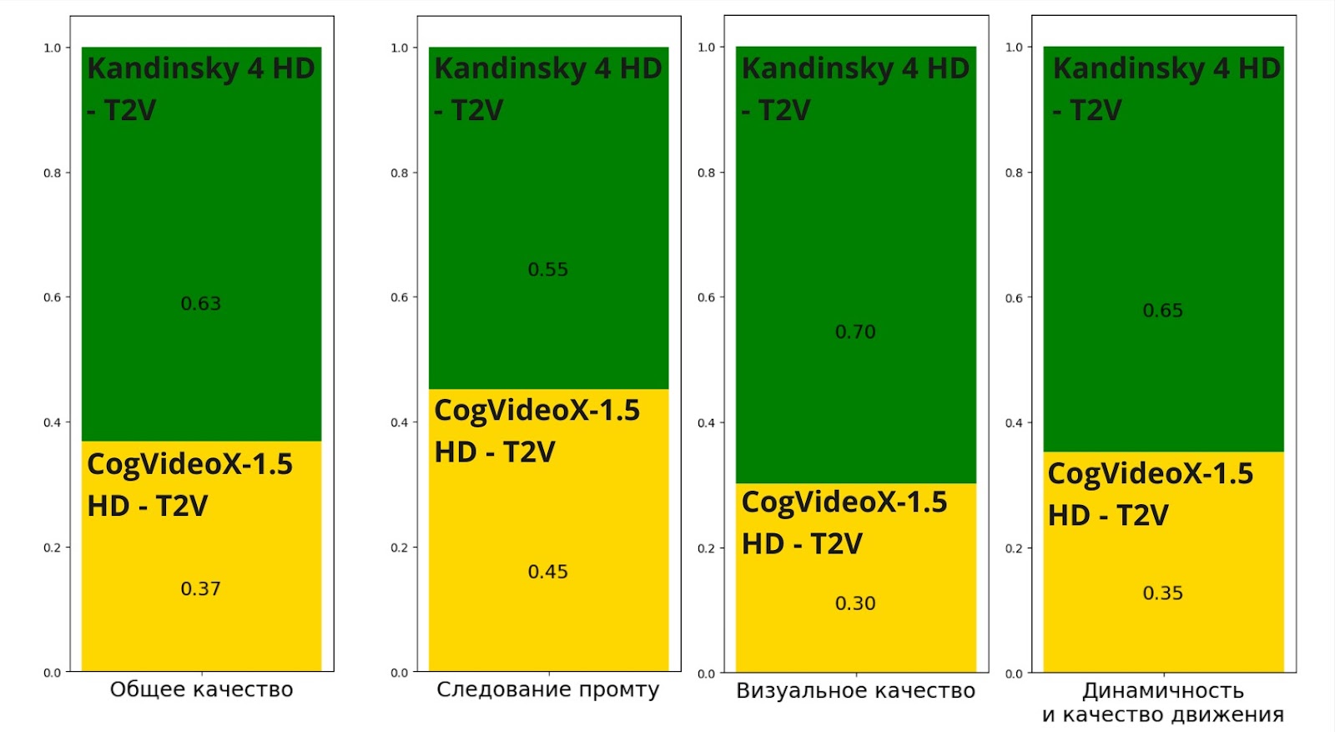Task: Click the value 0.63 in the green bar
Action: pyautogui.click(x=201, y=304)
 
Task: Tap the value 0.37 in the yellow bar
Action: pyautogui.click(x=201, y=589)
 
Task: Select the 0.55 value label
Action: pyautogui.click(x=548, y=270)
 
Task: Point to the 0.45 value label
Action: pyautogui.click(x=548, y=572)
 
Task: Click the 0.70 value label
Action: pyautogui.click(x=855, y=332)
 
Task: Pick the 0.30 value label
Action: pyautogui.click(x=855, y=603)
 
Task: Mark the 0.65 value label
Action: pyautogui.click(x=1163, y=310)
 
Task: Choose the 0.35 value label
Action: pyautogui.click(x=1163, y=593)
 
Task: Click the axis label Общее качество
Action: pyautogui.click(x=202, y=689)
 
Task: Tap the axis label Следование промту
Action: pyautogui.click(x=548, y=689)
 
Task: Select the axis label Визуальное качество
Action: pyautogui.click(x=855, y=691)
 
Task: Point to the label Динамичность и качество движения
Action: pyautogui.click(x=1163, y=703)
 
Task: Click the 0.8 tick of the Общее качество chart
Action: pyautogui.click(x=53, y=173)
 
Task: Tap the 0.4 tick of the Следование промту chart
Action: pyautogui.click(x=400, y=422)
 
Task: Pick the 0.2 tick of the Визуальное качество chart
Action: pyautogui.click(x=707, y=548)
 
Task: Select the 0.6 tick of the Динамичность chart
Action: pyautogui.click(x=1014, y=298)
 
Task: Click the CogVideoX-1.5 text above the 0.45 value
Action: pyautogui.click(x=537, y=411)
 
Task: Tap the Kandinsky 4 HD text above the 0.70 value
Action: pyautogui.click(x=855, y=68)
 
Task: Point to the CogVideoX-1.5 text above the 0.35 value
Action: pyautogui.click(x=1151, y=474)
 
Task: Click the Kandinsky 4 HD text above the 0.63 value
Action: pyautogui.click(x=201, y=68)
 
